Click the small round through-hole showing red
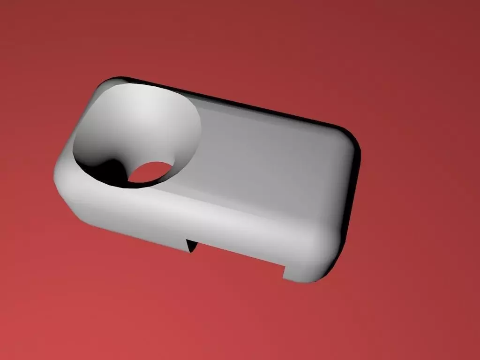(149, 172)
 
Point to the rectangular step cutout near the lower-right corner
(285, 270)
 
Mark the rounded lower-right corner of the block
(323, 267)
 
